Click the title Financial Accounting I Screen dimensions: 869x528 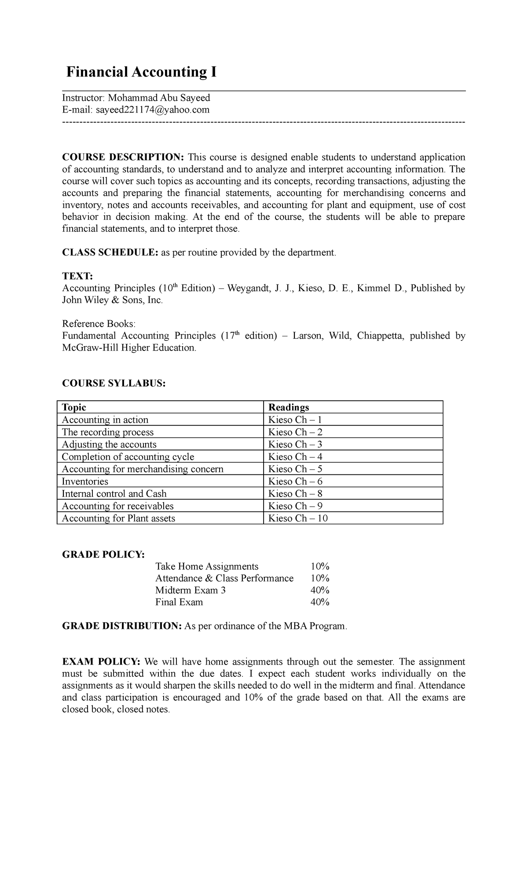point(141,72)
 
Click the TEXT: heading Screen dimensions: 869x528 point(77,276)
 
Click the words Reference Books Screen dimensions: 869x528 point(99,324)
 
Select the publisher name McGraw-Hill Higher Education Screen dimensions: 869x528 point(128,347)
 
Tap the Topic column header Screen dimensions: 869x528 point(74,407)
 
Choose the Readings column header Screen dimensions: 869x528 point(289,407)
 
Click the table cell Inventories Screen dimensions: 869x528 point(85,481)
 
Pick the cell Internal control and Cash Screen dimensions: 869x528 point(114,493)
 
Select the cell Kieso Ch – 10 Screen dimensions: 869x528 point(298,518)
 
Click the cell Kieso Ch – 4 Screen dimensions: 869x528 point(295,456)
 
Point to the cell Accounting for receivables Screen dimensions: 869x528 point(117,506)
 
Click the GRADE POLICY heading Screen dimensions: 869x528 point(103,554)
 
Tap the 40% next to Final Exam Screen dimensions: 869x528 point(320,602)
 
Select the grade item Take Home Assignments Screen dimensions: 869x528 point(207,566)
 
